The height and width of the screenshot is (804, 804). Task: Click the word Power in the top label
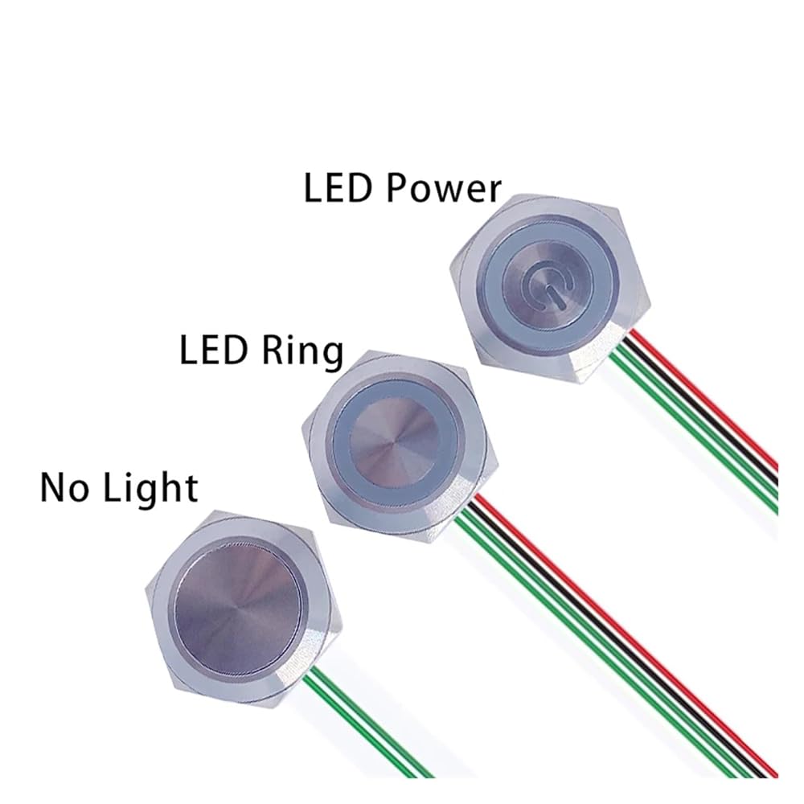pos(445,189)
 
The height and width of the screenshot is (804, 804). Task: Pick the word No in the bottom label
pos(63,487)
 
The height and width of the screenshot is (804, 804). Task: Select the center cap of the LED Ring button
pos(393,439)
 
